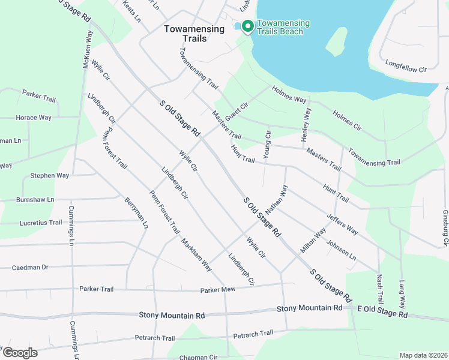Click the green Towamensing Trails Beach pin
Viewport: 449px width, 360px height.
point(247,26)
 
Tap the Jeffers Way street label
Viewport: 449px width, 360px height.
point(342,224)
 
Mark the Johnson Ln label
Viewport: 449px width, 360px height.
point(341,250)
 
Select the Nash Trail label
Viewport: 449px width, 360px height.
point(379,289)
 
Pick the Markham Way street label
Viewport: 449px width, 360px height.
point(197,254)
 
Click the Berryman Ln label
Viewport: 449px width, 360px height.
point(136,212)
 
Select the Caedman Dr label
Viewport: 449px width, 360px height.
point(30,267)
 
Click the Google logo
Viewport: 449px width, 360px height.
point(19,353)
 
